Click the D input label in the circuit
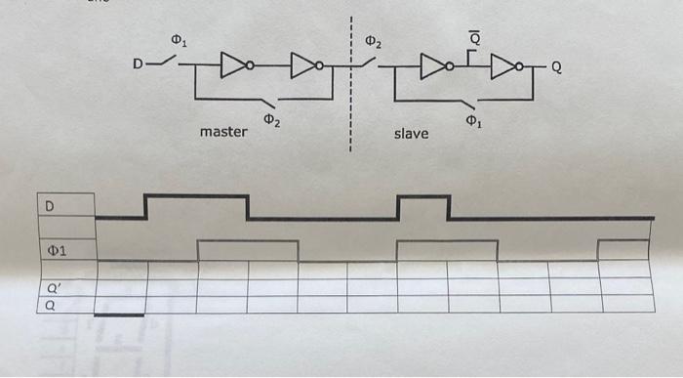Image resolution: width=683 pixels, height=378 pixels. [139, 65]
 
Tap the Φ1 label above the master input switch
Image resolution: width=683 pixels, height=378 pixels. [178, 40]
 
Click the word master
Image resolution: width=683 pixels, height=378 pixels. [222, 131]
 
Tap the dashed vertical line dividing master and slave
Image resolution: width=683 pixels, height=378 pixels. [348, 88]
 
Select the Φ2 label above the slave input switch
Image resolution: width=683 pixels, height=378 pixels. [375, 42]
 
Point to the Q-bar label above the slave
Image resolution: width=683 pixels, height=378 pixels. [474, 37]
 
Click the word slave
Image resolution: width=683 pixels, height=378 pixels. [411, 132]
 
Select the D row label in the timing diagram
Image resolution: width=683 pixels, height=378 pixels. [49, 205]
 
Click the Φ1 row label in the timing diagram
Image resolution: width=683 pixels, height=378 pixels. [57, 251]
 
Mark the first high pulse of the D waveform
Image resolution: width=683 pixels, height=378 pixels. [196, 197]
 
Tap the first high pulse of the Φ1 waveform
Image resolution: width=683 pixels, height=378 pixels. [247, 242]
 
